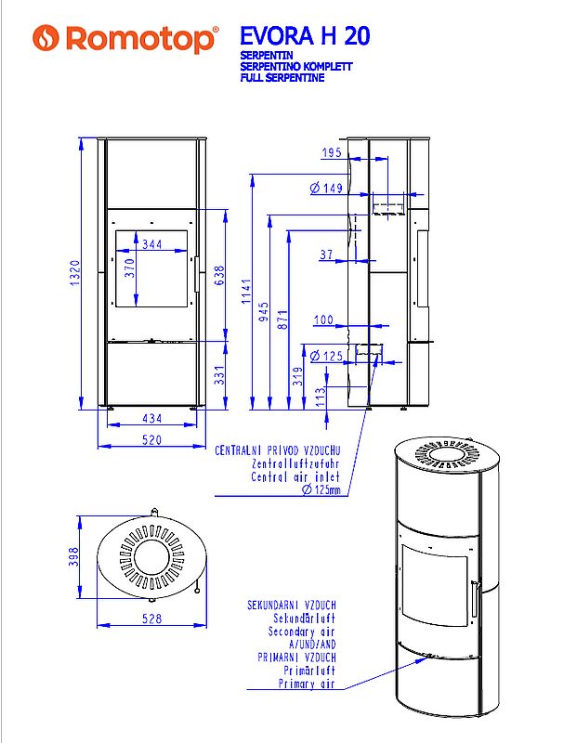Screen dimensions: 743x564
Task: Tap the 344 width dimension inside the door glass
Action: coord(154,244)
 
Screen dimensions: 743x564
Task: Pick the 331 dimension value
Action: coord(219,374)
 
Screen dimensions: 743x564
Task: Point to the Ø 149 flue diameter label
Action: coord(326,189)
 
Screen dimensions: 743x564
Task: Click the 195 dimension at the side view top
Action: coord(332,152)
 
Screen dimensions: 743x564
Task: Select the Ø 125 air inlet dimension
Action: coord(326,356)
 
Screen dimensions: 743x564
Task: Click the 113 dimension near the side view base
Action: coord(320,397)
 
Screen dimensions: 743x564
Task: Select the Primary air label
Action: coord(307,684)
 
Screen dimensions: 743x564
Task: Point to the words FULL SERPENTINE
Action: coord(282,79)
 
